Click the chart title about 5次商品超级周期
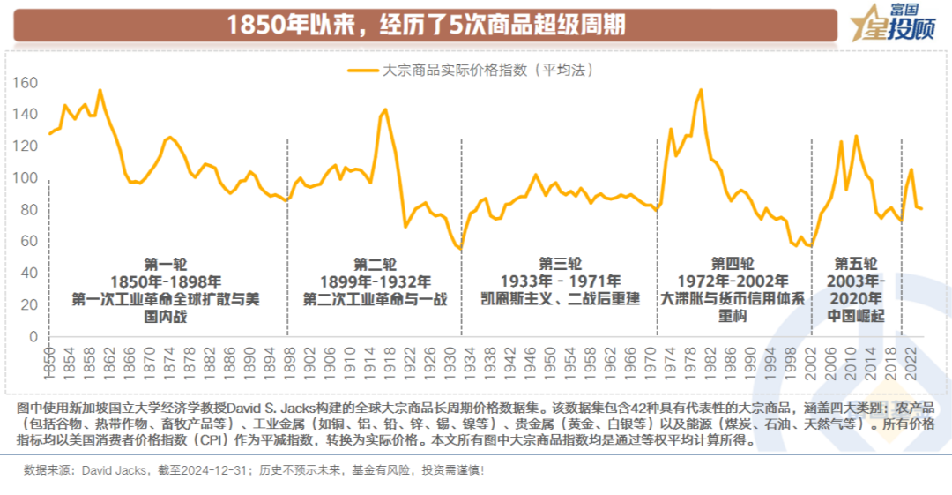(426, 24)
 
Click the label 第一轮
(166, 264)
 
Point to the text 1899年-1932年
(375, 281)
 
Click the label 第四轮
(733, 264)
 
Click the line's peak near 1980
(701, 89)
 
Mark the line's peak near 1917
(385, 109)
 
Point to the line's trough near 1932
(459, 249)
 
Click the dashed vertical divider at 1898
(288, 238)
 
